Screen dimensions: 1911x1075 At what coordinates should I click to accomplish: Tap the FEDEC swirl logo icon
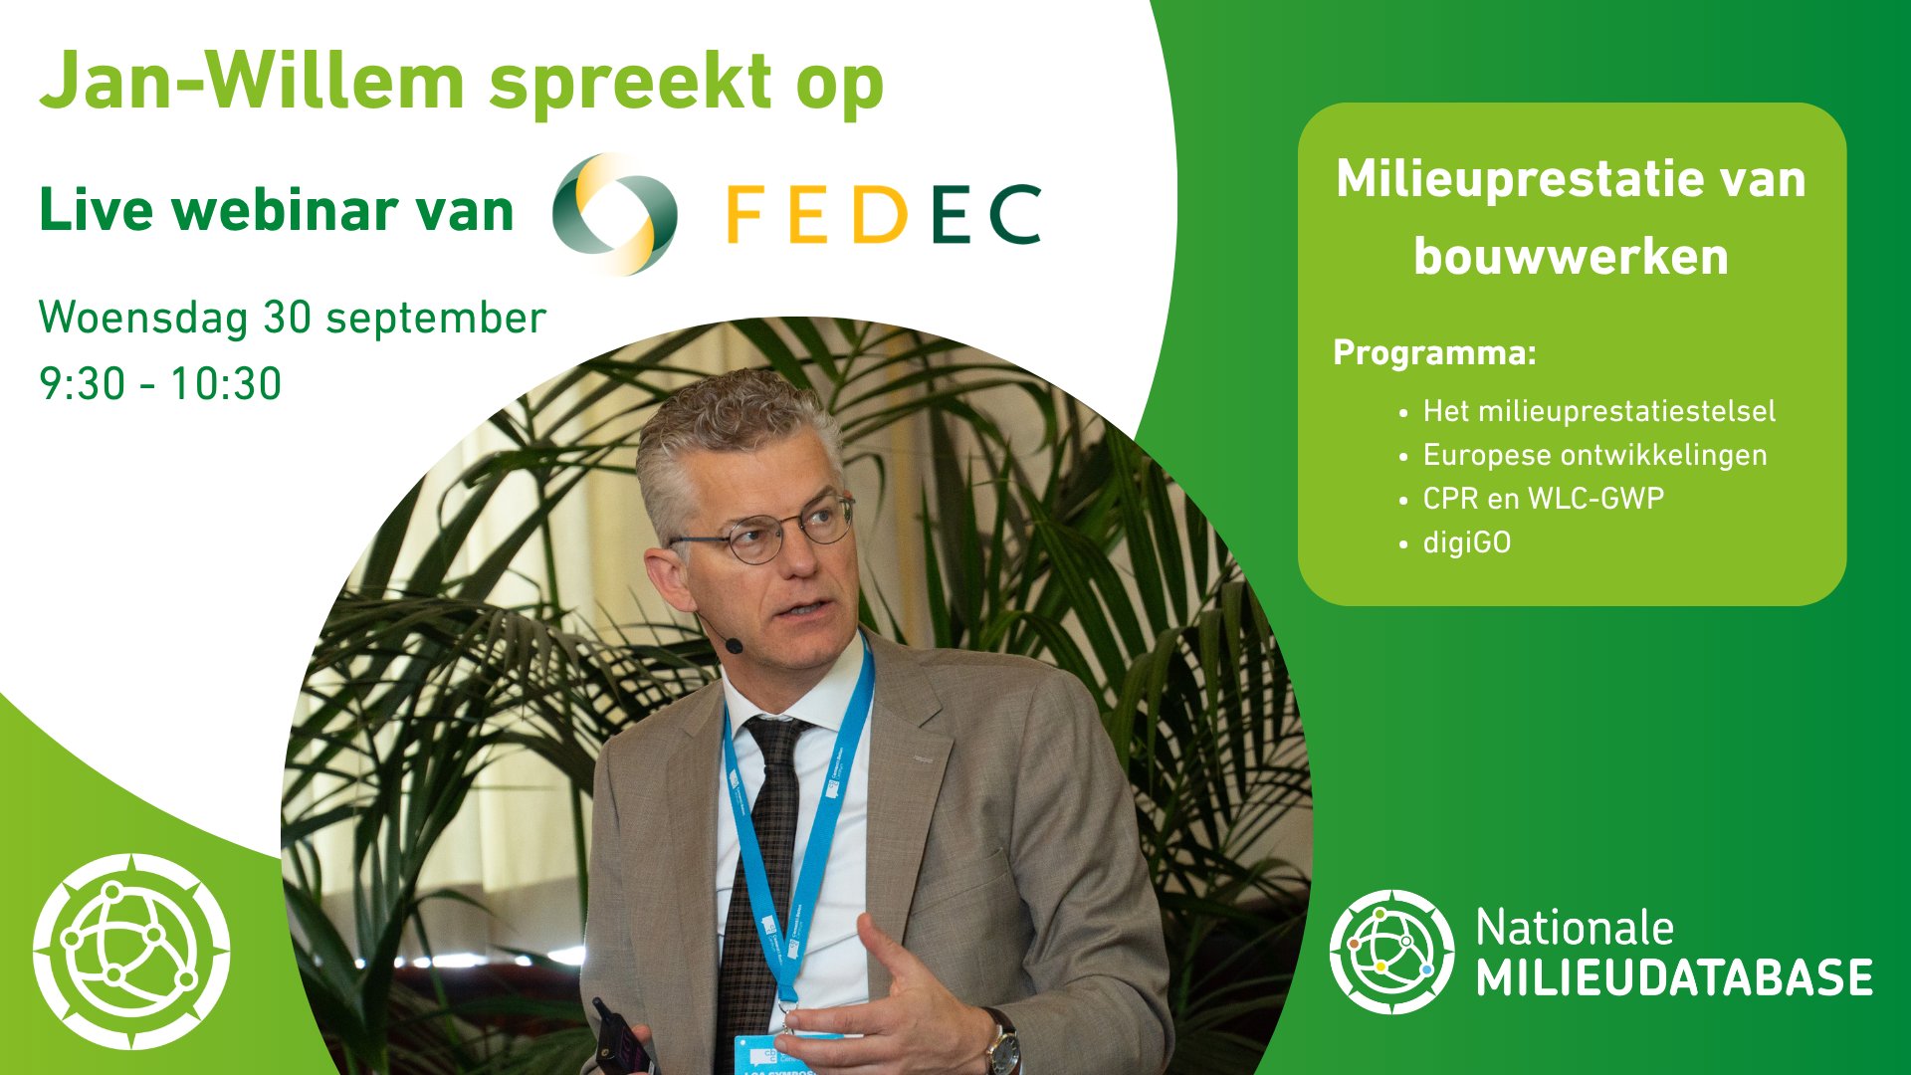click(x=615, y=213)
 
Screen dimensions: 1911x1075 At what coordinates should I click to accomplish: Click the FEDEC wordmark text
click(x=884, y=214)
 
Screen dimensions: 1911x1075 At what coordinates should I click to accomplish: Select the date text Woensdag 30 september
click(x=293, y=319)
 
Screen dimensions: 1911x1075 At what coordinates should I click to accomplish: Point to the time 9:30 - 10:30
click(x=160, y=384)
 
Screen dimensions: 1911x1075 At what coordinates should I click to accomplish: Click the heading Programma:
click(x=1434, y=352)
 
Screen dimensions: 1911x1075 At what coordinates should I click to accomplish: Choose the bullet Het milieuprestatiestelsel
click(x=1598, y=411)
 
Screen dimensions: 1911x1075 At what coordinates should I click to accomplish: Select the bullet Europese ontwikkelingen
click(x=1594, y=455)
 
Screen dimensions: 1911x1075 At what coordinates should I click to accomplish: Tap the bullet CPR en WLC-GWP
click(x=1543, y=498)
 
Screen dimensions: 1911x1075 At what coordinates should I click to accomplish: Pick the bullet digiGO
click(x=1466, y=542)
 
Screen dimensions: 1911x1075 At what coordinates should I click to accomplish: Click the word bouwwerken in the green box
click(x=1571, y=257)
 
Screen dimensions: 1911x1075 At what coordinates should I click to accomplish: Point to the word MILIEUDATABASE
click(x=1674, y=977)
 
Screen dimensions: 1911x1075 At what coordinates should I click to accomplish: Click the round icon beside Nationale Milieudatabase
click(x=1391, y=952)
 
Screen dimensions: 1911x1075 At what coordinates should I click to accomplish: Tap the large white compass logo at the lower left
click(x=131, y=952)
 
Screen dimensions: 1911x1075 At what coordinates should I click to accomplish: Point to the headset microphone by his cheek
click(x=733, y=645)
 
